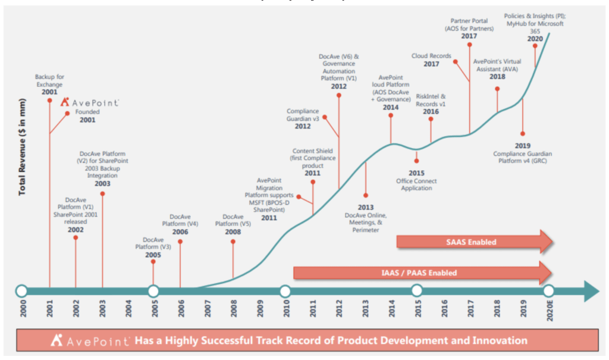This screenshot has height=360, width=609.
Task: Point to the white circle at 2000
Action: (21, 291)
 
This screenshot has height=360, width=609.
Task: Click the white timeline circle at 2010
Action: (285, 291)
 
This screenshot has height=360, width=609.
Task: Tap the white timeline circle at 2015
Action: (416, 291)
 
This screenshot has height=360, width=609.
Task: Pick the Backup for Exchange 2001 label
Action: (49, 84)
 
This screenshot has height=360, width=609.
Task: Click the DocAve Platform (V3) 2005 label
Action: (153, 246)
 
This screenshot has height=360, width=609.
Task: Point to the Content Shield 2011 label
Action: (313, 162)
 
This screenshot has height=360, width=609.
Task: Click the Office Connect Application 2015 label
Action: (416, 181)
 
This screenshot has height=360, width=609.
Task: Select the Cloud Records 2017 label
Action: (431, 60)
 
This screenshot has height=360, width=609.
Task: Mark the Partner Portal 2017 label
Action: (469, 28)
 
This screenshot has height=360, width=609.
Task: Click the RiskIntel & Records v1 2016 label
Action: (431, 103)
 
